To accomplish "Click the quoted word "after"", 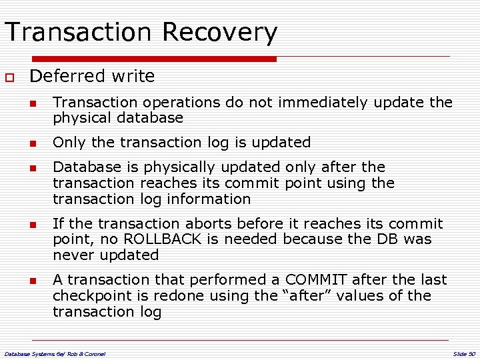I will tap(293, 295).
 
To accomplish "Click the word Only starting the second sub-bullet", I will tap(67, 142).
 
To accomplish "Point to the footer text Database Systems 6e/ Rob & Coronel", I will tap(55, 352).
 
